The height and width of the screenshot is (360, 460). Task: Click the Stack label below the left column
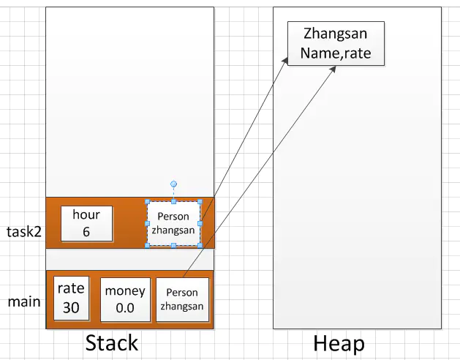coord(111,342)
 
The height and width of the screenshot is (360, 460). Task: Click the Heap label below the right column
coord(339,343)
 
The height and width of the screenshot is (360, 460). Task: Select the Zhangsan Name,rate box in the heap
coord(336,44)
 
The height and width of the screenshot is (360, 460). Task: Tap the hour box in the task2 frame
coord(86,223)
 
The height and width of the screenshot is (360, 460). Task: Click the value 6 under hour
coord(86,231)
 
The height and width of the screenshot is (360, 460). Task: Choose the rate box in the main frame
coord(71,299)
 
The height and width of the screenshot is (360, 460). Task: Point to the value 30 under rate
coord(71,307)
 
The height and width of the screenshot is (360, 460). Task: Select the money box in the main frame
coord(125,299)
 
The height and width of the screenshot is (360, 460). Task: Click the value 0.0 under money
coord(125,308)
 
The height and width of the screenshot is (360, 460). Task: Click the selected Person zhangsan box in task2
coord(173,223)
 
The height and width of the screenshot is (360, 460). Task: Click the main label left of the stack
coord(23,301)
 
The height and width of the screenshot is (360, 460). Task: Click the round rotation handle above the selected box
coord(173,184)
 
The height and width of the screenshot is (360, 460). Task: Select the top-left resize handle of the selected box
coord(147,201)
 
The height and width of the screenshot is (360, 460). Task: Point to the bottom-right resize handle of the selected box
coord(200,245)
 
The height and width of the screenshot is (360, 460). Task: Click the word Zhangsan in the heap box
coord(336,34)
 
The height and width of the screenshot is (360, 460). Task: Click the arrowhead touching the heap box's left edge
coord(285,60)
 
